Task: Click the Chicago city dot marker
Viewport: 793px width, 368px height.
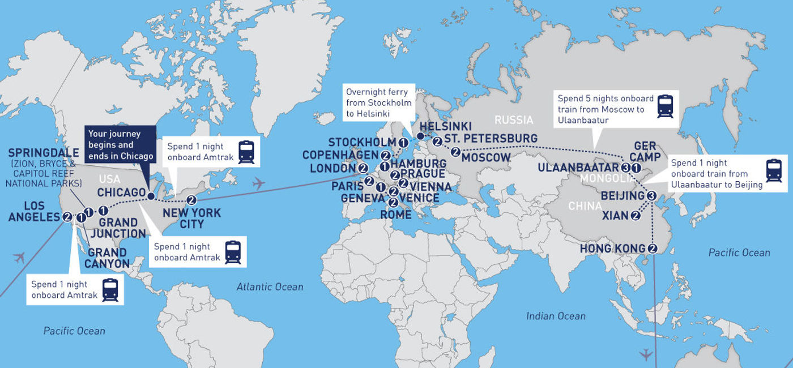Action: (x=151, y=196)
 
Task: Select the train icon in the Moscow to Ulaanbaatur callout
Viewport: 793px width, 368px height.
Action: (x=665, y=106)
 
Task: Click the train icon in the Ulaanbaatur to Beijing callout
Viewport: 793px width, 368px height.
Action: (x=773, y=171)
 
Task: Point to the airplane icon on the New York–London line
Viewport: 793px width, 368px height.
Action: (x=259, y=183)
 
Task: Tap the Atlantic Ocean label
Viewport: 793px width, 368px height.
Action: (x=270, y=287)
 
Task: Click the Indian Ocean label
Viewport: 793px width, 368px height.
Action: (x=556, y=316)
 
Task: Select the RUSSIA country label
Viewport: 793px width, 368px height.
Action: (x=514, y=120)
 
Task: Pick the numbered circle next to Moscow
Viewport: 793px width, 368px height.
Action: (x=455, y=152)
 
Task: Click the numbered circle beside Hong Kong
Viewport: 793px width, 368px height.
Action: (x=653, y=248)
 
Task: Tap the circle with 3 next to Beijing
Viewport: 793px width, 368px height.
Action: (x=651, y=196)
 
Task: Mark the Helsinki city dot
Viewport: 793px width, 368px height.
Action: (x=420, y=136)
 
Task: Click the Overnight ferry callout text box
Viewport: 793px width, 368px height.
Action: (x=377, y=102)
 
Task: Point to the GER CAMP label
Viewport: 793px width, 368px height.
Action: (x=645, y=151)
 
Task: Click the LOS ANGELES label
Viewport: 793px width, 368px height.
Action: (x=34, y=211)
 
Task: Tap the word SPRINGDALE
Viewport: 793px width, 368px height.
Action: (x=44, y=153)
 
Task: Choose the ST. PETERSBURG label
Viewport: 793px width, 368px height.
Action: (x=491, y=138)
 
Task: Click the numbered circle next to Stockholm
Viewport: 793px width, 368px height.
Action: (x=403, y=142)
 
